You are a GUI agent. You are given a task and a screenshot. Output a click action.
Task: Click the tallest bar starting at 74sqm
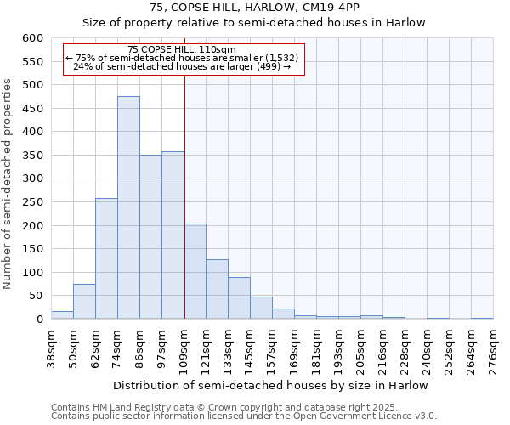pos(128,207)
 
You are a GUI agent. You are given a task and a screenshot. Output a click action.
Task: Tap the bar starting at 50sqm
pos(84,302)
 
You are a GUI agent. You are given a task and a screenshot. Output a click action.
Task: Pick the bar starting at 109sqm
pos(195,271)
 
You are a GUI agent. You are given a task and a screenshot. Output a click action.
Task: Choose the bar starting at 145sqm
pos(261,308)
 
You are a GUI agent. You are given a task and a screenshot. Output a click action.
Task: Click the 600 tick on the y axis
pos(31,38)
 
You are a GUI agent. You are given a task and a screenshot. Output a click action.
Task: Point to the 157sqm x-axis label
pos(272,348)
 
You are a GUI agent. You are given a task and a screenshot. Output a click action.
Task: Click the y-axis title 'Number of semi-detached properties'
pos(8,184)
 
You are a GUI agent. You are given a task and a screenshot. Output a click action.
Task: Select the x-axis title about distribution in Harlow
pos(270,385)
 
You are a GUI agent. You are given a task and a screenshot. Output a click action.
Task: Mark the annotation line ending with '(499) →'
pos(183,65)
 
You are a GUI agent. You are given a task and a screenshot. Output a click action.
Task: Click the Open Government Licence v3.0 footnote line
pos(244,416)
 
